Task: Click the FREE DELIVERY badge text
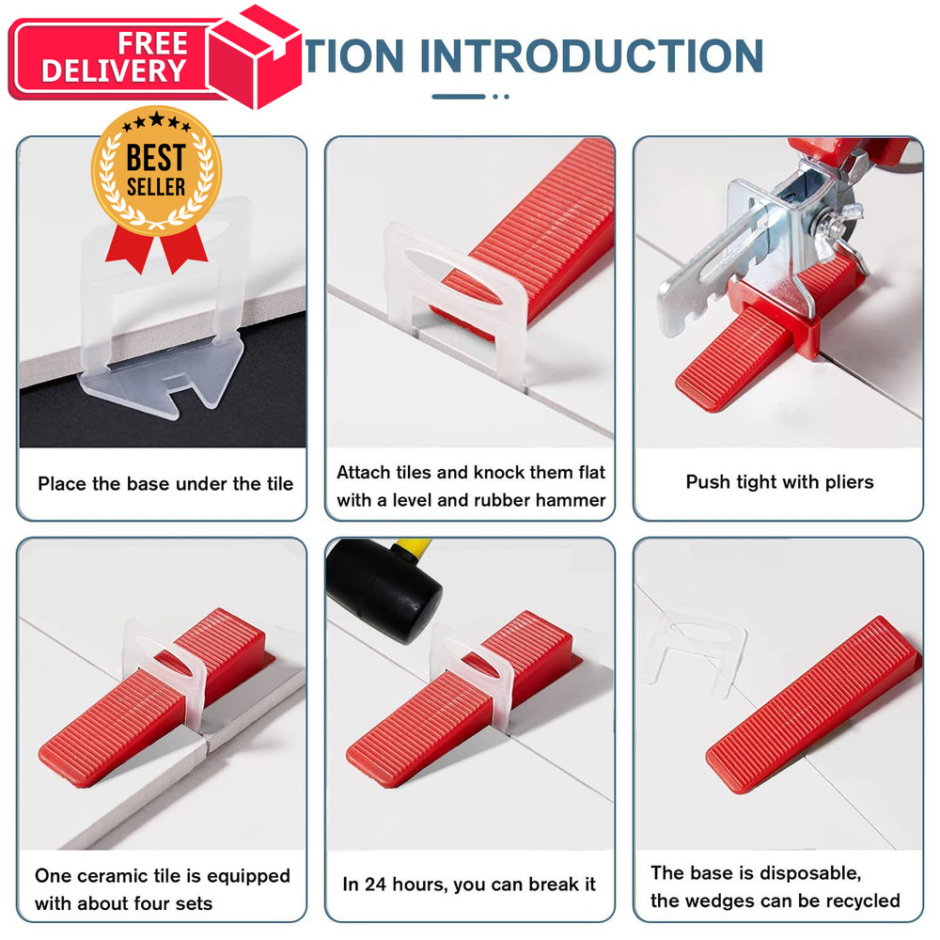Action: point(114,58)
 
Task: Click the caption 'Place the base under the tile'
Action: point(165,484)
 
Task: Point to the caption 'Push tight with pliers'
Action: point(779,482)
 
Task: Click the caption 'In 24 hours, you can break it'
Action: point(469,885)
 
